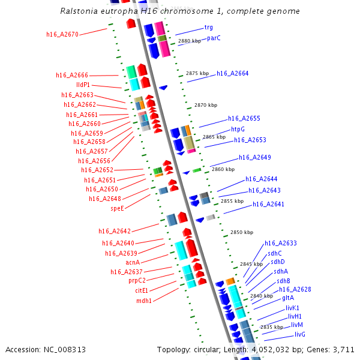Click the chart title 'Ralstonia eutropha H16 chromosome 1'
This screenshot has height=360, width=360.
pyautogui.click(x=180, y=11)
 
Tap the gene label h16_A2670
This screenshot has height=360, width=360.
pyautogui.click(x=62, y=34)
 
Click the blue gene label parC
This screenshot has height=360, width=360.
pyautogui.click(x=214, y=38)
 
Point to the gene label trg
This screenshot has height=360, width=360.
pyautogui.click(x=208, y=27)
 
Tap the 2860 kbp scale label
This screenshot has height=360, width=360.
pyautogui.click(x=223, y=169)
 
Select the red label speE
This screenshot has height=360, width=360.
pyautogui.click(x=117, y=208)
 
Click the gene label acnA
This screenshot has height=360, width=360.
pyautogui.click(x=133, y=262)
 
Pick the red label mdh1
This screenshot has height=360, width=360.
pyautogui.click(x=144, y=301)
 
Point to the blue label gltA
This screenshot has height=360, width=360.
pyautogui.click(x=288, y=298)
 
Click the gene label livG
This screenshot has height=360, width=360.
pyautogui.click(x=300, y=334)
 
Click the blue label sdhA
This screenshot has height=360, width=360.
pyautogui.click(x=281, y=271)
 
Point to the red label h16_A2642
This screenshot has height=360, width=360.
pyautogui.click(x=115, y=231)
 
